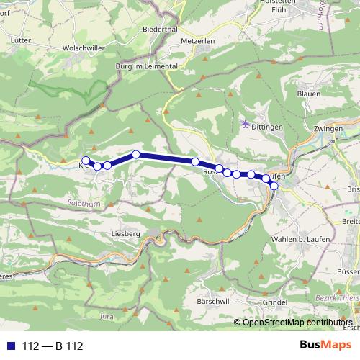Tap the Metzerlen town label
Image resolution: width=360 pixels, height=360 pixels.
[199, 41]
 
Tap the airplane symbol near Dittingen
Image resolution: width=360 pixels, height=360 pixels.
[245, 122]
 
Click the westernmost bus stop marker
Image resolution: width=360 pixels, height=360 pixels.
[86, 160]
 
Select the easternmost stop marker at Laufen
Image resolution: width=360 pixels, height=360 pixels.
[274, 186]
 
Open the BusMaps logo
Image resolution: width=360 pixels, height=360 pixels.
[325, 346]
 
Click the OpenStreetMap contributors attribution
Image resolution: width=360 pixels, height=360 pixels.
[297, 323]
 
